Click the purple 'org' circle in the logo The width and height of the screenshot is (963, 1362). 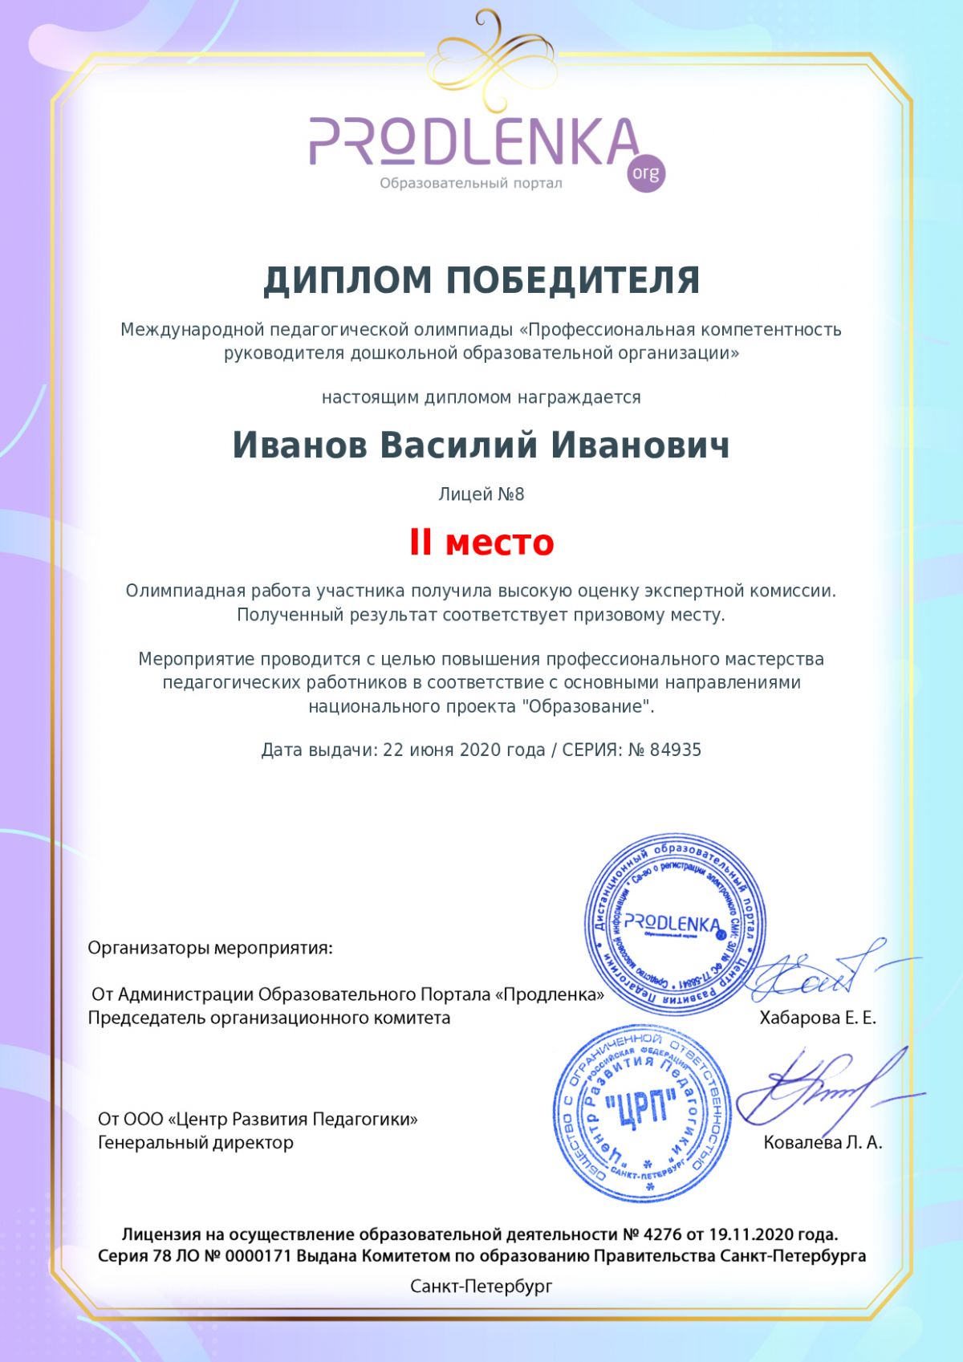coord(645,173)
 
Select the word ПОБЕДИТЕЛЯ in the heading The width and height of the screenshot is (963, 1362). coord(572,281)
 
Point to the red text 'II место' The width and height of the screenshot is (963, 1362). coord(481,543)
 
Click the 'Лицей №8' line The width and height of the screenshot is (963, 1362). coord(481,494)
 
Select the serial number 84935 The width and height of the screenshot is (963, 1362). coord(676,750)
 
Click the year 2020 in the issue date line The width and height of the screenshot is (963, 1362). coord(479,750)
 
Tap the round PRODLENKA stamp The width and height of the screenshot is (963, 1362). coord(674,923)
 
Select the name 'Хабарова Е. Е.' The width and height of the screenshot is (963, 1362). coord(818,1018)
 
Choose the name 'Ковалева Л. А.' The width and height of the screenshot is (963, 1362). coord(823,1143)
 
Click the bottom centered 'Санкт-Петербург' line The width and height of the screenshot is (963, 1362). coord(481,1287)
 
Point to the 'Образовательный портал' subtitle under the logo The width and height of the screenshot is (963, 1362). coord(471,184)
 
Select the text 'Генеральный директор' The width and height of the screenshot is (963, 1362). coord(196,1143)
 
